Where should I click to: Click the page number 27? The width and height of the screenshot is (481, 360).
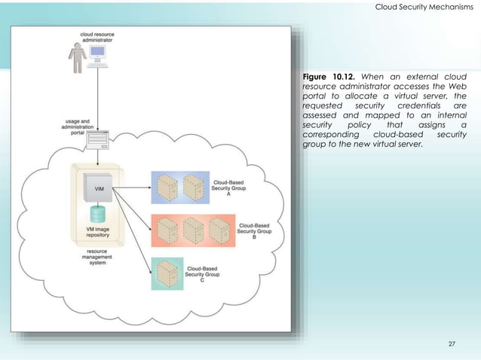point(452,344)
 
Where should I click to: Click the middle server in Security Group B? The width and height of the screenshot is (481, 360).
point(194,229)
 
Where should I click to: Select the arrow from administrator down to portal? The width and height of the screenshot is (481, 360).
point(99,98)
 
